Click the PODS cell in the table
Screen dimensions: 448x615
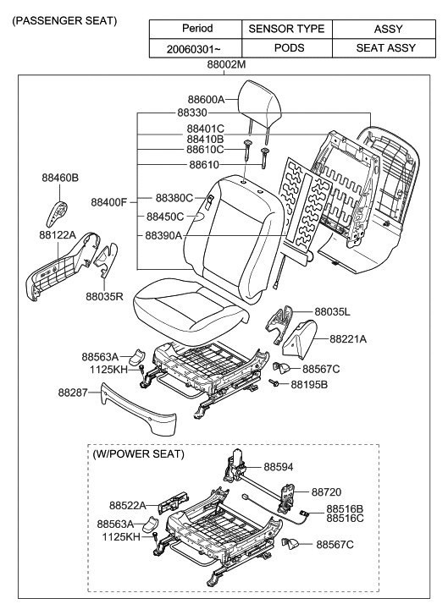[289, 48]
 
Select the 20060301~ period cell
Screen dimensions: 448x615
[194, 48]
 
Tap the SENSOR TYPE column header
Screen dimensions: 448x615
[286, 29]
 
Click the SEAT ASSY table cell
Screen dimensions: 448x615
[385, 48]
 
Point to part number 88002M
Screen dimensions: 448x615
[227, 64]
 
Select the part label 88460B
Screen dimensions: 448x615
[60, 178]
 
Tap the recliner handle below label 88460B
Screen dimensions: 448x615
[56, 214]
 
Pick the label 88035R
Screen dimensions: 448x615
[104, 297]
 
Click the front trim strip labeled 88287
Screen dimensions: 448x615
[137, 409]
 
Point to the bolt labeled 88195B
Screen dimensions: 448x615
[274, 382]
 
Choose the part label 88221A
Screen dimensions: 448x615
[348, 339]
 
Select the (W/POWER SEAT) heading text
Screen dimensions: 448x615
[138, 453]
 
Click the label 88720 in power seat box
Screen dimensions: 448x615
[327, 491]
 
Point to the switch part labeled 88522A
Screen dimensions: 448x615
[173, 502]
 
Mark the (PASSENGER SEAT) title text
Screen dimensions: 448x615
[64, 21]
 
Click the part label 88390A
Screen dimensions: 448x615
[163, 235]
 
